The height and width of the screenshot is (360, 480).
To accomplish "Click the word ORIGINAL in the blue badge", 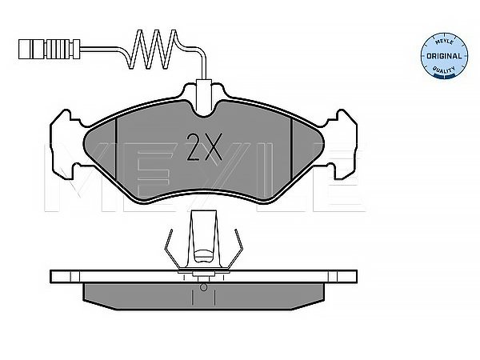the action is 444,56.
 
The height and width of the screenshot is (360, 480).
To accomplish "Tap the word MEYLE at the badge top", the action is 444,42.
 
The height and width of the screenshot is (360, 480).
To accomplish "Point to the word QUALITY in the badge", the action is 444,70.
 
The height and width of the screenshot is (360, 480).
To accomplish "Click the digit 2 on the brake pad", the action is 194,147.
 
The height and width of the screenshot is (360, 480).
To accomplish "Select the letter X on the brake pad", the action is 214,147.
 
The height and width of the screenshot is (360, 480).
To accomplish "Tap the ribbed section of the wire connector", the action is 62,49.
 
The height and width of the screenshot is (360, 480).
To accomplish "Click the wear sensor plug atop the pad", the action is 204,94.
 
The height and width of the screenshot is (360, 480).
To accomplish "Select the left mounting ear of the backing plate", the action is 66,145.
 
